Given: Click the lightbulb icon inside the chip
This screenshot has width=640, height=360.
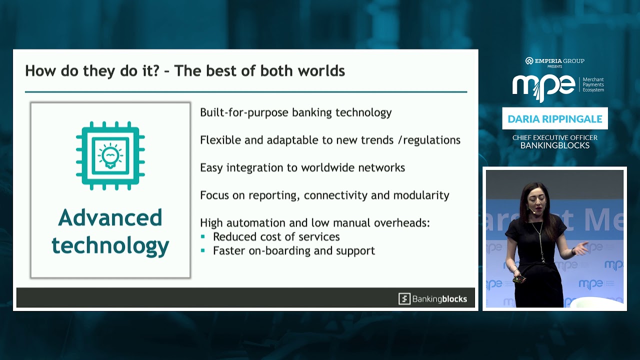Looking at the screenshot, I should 110,155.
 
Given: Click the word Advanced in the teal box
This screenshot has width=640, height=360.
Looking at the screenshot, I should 110,218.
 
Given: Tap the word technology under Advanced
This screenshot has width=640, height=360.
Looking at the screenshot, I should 110,246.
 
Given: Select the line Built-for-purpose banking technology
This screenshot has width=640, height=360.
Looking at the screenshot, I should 295,112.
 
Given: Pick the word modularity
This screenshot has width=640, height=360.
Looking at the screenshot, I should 421,195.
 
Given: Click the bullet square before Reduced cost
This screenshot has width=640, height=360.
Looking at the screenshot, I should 203,236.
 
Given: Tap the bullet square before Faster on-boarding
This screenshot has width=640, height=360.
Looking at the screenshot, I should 203,250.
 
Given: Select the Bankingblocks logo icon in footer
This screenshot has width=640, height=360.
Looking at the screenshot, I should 404,299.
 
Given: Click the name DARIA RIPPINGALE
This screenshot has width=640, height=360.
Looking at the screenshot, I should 555,119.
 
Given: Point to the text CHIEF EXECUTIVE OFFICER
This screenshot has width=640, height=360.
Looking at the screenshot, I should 555,137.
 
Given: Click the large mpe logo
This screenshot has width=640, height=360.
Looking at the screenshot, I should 543,86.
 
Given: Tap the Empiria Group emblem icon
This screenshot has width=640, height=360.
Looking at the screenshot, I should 529,61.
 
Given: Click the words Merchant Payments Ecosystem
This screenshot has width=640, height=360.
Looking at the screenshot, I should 593,84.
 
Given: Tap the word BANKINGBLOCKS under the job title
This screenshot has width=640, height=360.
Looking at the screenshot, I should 555,145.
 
